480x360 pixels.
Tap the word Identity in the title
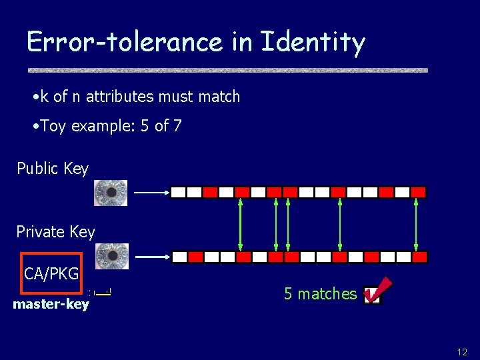[313, 43]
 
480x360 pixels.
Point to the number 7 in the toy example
[177, 125]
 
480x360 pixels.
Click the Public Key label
[53, 169]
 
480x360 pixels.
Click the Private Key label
[56, 232]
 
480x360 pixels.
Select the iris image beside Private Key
[112, 256]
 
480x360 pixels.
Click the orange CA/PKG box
[51, 273]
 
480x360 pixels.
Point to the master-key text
[51, 305]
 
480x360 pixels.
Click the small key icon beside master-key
[102, 292]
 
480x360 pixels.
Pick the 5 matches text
[321, 294]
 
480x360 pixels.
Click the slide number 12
[462, 351]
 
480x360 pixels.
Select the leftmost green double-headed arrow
[241, 225]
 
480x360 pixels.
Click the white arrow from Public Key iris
[151, 193]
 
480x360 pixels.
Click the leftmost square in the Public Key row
[178, 193]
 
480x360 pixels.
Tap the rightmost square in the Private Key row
[419, 257]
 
